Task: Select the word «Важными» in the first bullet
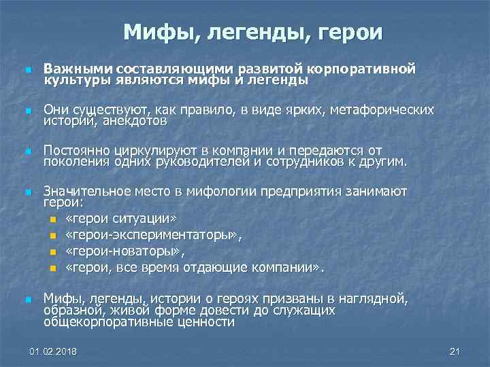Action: pyautogui.click(x=78, y=69)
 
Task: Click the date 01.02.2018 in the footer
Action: pyautogui.click(x=54, y=351)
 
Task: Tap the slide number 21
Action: pyautogui.click(x=455, y=351)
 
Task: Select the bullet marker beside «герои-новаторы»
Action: pyautogui.click(x=54, y=252)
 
